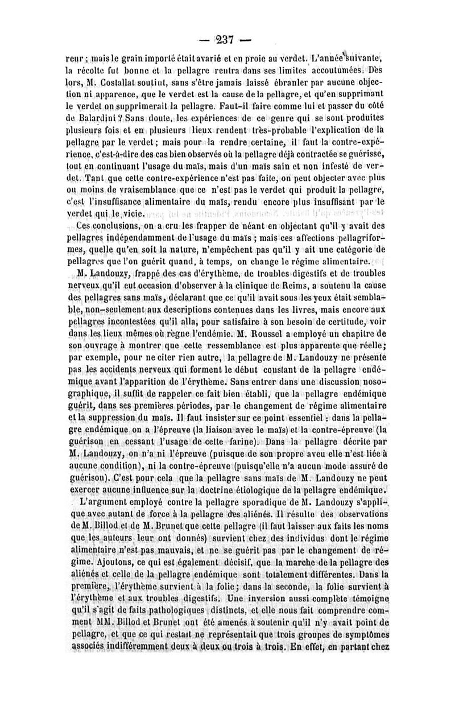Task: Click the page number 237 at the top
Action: tap(228, 40)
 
